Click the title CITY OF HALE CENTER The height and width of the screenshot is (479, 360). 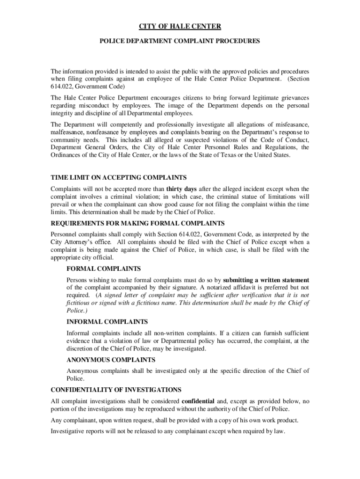[180, 27]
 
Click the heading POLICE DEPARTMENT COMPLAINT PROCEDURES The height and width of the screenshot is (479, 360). [180, 41]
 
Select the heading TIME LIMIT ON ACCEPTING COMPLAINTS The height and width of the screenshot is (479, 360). [118, 177]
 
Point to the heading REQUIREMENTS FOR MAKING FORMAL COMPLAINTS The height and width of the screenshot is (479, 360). [137, 223]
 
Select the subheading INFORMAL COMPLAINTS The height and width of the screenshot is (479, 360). [107, 322]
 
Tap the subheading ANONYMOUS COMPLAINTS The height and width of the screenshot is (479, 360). [111, 360]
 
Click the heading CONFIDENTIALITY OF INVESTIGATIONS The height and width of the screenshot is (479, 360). [115, 390]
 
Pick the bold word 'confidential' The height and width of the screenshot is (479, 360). [198, 401]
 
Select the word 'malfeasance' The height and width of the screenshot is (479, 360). [67, 132]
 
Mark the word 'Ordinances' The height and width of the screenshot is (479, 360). [66, 155]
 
